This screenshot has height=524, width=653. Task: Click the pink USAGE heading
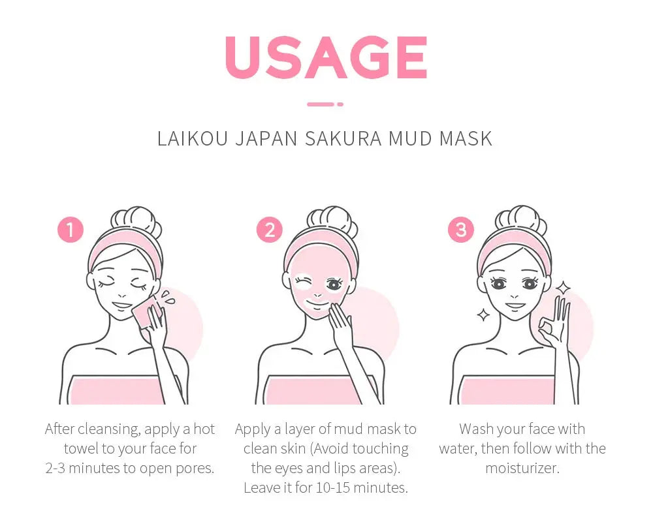tap(326, 57)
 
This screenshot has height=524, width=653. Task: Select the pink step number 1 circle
tap(71, 230)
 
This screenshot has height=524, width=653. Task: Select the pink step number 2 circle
tap(269, 230)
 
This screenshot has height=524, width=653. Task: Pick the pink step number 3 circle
tap(461, 230)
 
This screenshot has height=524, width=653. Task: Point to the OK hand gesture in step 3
tap(555, 321)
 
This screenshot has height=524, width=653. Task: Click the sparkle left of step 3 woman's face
tap(483, 315)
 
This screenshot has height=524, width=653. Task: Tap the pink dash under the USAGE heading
tap(325, 104)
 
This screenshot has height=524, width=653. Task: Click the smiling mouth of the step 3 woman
tap(515, 305)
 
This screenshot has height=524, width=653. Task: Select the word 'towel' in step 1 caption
tap(83, 449)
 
